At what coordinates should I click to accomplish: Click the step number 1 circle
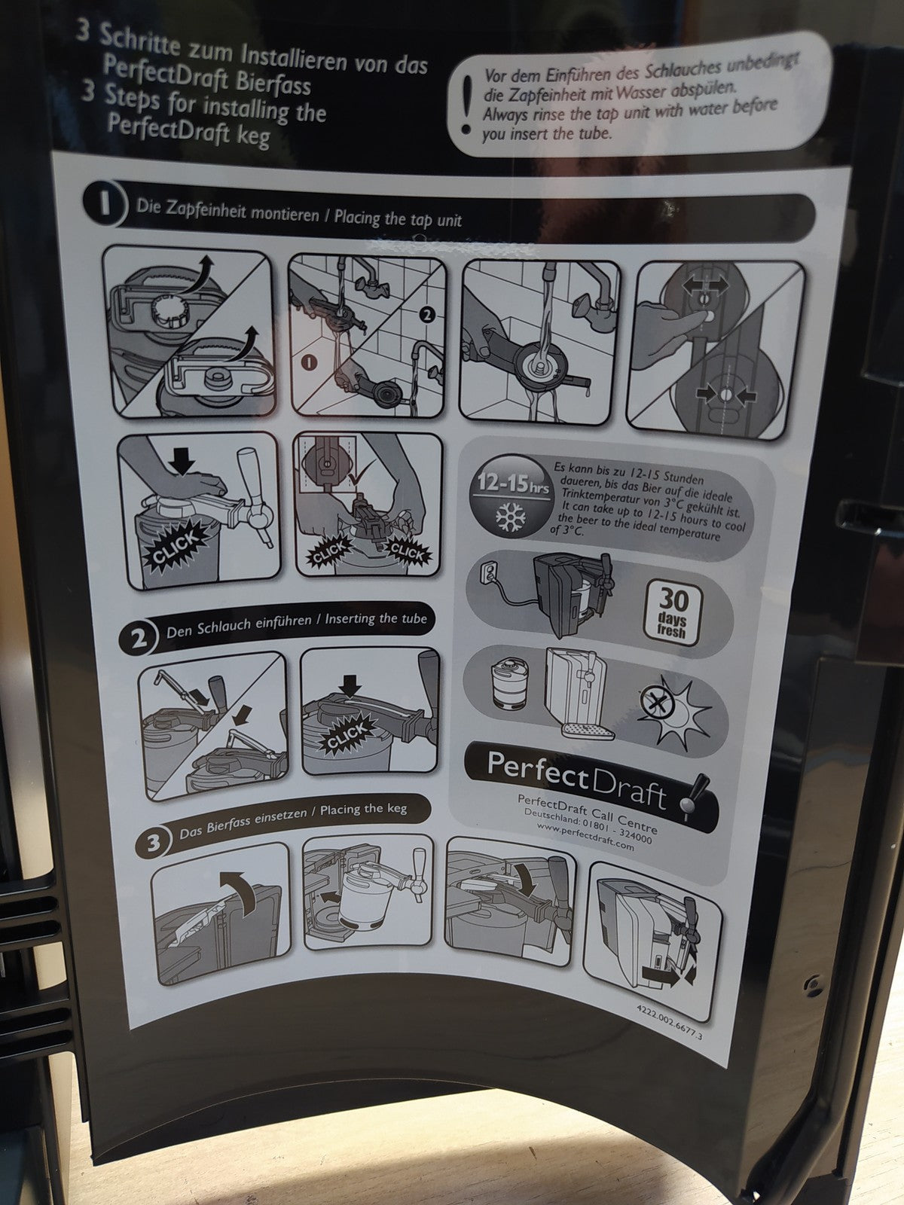click(104, 203)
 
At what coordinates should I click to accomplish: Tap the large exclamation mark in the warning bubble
click(467, 104)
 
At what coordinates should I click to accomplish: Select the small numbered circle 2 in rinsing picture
click(426, 315)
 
